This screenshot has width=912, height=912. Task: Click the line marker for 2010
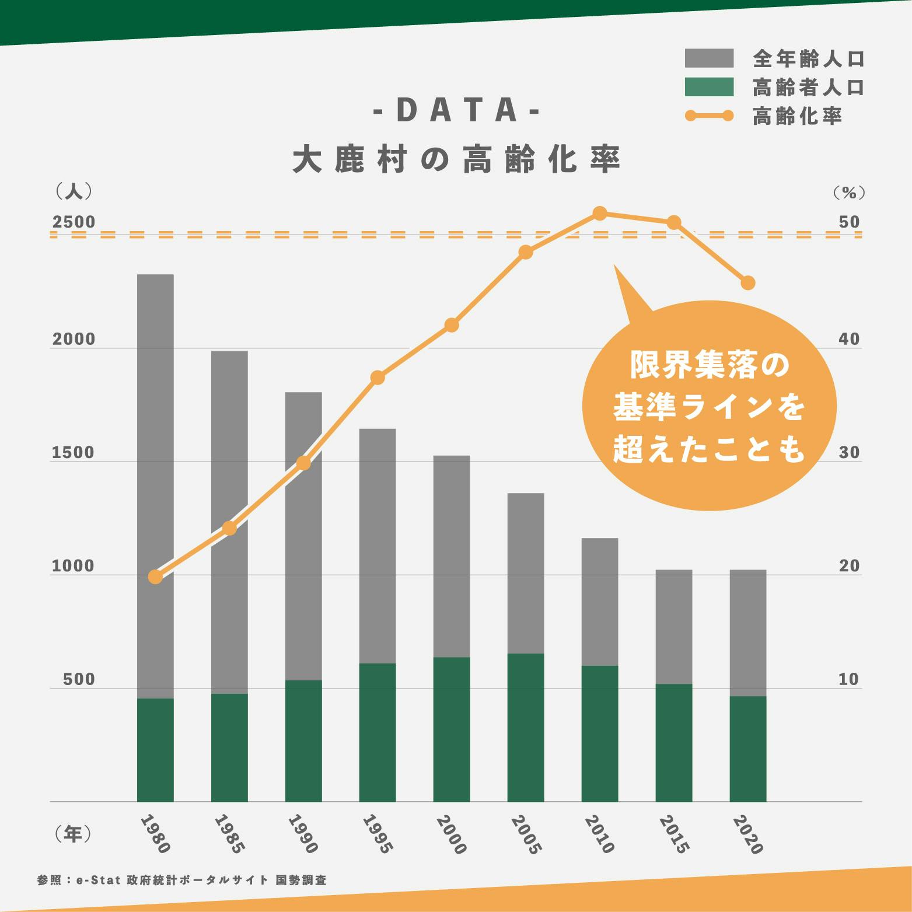point(600,214)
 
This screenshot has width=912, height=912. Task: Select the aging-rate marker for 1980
point(155,576)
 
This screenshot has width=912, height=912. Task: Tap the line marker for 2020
point(748,283)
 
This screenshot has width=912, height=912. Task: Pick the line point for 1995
point(378,378)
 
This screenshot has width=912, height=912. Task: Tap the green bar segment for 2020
point(747,749)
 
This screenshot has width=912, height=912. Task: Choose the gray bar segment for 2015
point(673,627)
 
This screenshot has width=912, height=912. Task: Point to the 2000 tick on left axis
point(74,340)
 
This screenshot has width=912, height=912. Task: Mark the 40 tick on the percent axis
point(849,340)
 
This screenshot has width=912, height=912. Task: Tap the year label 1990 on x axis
point(303,834)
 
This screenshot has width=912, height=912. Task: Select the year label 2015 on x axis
point(674,834)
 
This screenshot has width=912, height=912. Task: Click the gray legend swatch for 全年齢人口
point(709,58)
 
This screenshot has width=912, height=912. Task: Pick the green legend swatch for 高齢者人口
point(709,88)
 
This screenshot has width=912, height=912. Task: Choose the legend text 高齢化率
point(797,117)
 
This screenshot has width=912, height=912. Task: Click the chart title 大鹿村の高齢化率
point(456,159)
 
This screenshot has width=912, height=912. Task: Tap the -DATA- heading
point(456,111)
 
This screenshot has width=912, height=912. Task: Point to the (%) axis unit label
point(849,191)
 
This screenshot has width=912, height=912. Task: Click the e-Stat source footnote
point(181,880)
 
